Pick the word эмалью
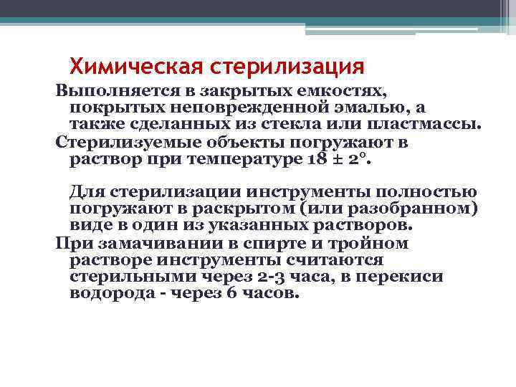[x=368, y=108]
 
